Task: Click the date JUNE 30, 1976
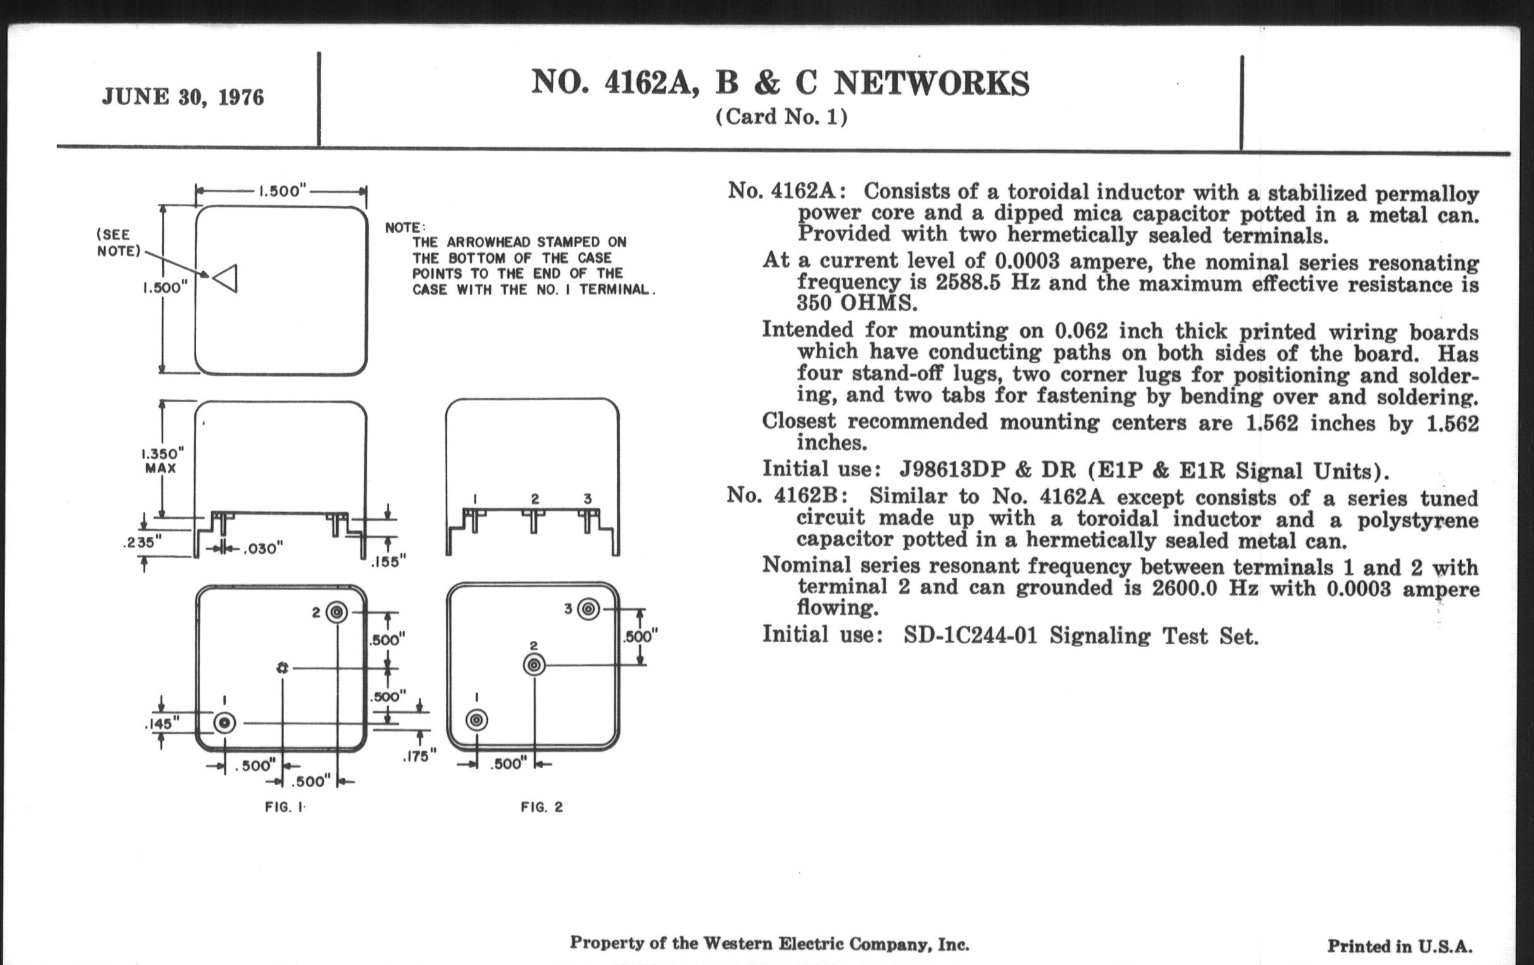pos(183,98)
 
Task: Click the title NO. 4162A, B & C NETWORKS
pos(780,83)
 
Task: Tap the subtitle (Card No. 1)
pos(781,117)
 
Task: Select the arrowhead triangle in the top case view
pos(226,278)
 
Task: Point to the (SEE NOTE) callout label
pos(118,243)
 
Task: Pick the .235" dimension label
pos(141,542)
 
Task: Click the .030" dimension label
pos(262,549)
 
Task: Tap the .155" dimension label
pos(389,561)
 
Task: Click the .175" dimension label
pos(419,756)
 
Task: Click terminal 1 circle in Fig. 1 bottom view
pos(225,723)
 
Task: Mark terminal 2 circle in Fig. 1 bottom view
pos(336,613)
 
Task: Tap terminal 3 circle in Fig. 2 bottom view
pos(588,609)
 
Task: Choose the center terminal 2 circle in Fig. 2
pos(534,665)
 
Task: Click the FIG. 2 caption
pos(541,808)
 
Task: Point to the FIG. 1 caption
pos(284,808)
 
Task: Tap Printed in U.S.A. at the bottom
pos(1400,947)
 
